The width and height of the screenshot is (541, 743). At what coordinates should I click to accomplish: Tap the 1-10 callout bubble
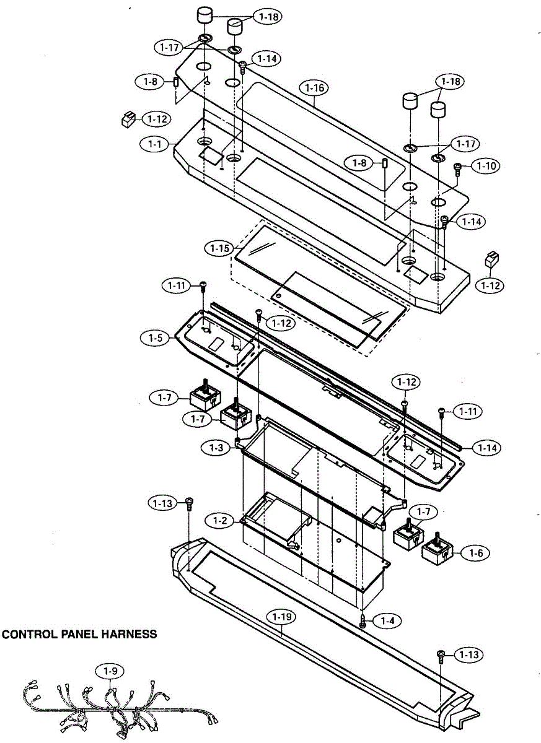click(x=485, y=166)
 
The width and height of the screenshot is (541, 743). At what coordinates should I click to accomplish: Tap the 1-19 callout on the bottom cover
click(x=282, y=617)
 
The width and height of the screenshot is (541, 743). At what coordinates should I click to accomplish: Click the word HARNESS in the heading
click(x=128, y=634)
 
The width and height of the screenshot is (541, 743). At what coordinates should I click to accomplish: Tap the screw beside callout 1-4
click(x=364, y=621)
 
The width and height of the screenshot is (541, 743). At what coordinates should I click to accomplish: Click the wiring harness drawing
click(x=118, y=709)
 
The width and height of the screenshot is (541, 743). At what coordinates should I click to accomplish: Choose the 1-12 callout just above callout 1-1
click(x=157, y=118)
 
